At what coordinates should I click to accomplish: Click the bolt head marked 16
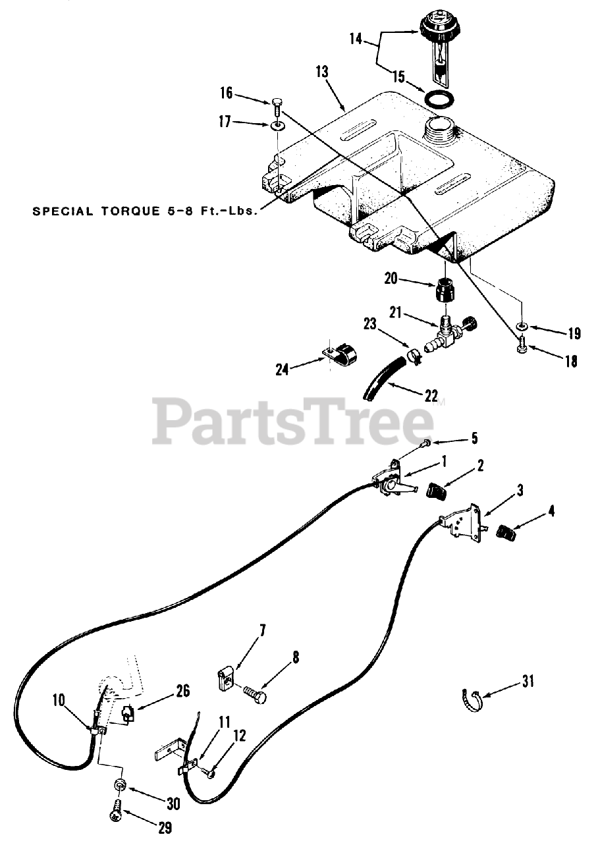pos(277,103)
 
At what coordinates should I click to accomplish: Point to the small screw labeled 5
pos(426,445)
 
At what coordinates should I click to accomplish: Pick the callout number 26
pos(182,691)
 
